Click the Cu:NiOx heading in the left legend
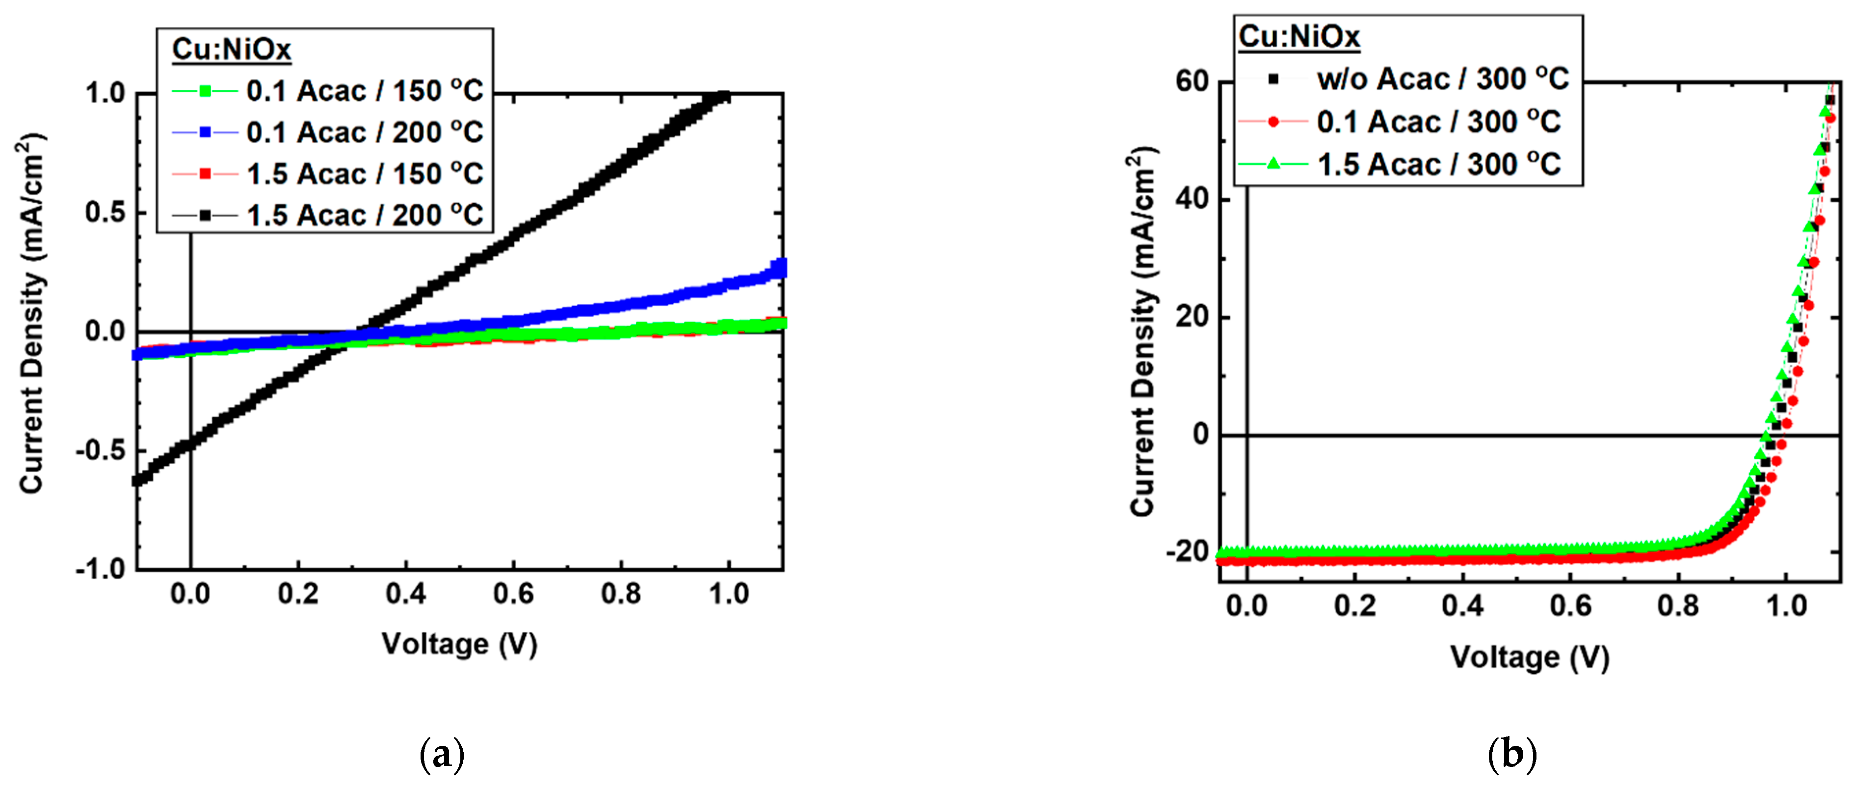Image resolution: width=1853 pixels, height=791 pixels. [232, 50]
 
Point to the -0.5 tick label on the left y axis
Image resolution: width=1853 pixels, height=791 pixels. [100, 451]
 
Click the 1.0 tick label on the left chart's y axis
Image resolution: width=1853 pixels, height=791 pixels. [105, 94]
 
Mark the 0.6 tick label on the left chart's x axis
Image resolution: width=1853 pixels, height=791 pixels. [514, 594]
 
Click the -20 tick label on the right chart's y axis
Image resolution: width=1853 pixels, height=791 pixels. [1187, 552]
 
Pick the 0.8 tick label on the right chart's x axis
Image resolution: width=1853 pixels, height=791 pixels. [1678, 606]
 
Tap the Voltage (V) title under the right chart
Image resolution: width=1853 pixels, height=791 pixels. [1529, 657]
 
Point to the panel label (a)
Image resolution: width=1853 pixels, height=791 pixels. [442, 755]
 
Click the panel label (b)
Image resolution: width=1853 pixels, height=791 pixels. [1512, 755]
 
